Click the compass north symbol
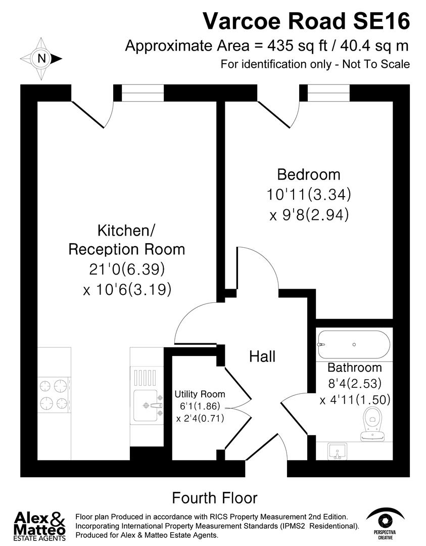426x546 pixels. coord(42,59)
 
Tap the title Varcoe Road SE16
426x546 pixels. coord(306,21)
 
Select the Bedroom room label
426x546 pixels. coord(309,175)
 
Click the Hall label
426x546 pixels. coord(262,356)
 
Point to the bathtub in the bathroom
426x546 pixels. coord(353,344)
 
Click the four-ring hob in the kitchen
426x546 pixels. coord(54,395)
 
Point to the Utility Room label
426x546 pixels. coord(200,394)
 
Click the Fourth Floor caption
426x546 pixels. coord(215,497)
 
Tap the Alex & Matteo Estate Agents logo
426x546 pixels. coord(40,526)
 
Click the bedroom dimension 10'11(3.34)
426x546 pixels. coord(309,195)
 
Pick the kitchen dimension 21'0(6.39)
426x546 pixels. coord(127,269)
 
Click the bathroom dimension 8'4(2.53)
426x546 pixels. coord(354,383)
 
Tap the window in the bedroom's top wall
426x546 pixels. coord(328,93)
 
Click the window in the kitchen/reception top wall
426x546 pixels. coord(143,93)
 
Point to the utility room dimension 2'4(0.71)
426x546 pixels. coord(200,419)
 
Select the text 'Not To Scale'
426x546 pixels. coord(376,64)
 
